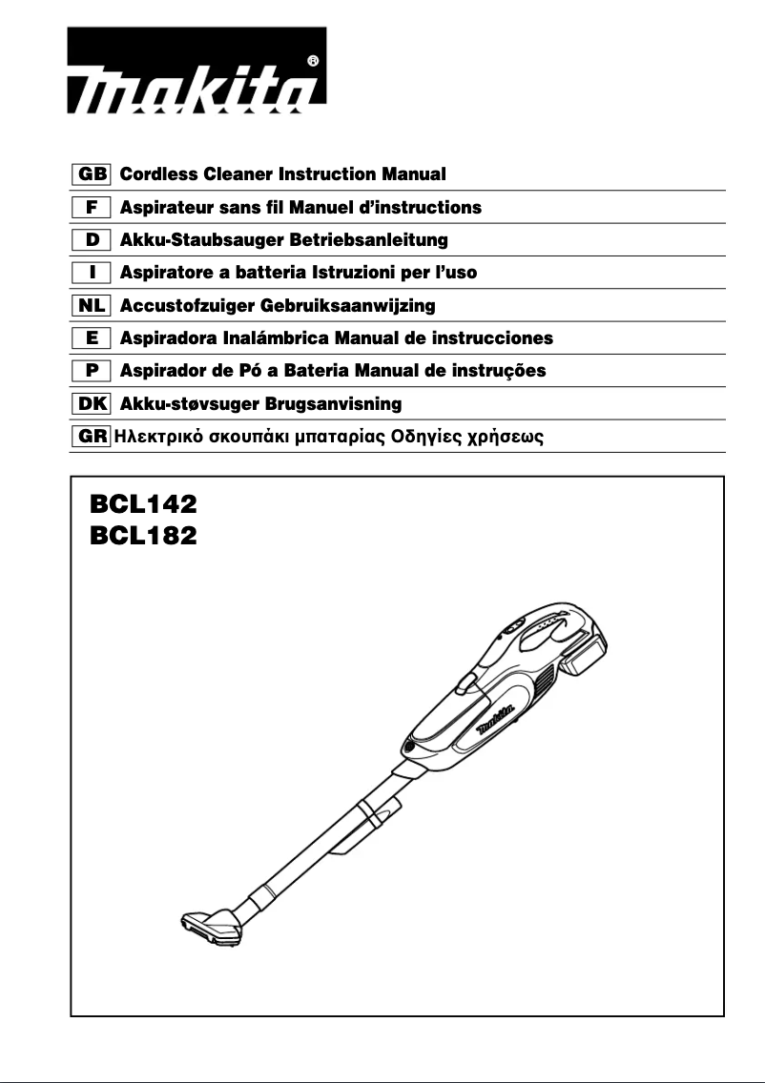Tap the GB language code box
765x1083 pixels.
tap(93, 174)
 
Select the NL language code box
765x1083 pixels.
tap(93, 306)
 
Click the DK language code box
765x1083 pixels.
tap(93, 404)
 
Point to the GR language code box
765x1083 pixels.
tap(92, 438)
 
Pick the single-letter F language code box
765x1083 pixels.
tap(93, 207)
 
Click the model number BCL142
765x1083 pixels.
tap(143, 503)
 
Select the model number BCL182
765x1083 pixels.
tap(143, 537)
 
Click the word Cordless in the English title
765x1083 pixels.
tap(156, 174)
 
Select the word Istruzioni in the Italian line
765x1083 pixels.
tap(355, 273)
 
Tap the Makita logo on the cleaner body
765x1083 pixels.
tap(497, 716)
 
